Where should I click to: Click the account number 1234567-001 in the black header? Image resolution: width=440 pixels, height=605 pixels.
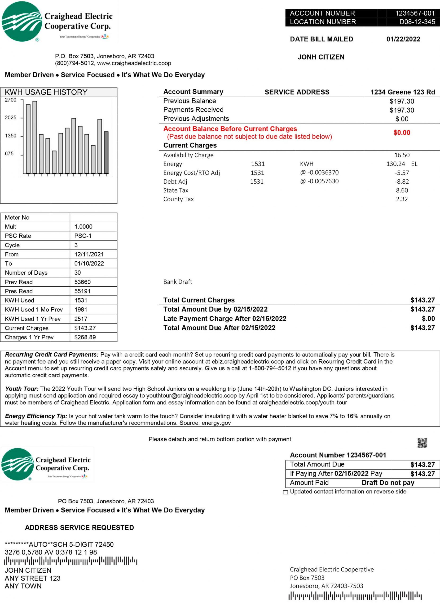[x=415, y=13]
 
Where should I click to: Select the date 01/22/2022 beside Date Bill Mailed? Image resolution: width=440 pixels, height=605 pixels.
[x=403, y=39]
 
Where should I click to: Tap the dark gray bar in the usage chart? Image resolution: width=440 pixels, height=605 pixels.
[x=106, y=152]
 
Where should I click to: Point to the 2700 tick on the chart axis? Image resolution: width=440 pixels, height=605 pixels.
[x=11, y=100]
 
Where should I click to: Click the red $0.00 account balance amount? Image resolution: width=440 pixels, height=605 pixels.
[x=401, y=133]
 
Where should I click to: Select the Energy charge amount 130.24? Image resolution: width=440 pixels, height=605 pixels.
[x=396, y=164]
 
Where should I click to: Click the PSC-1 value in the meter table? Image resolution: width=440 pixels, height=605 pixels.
[x=83, y=236]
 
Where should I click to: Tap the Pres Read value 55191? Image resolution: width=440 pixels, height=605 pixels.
[x=82, y=291]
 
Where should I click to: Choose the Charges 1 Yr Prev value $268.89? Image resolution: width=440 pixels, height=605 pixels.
[x=85, y=337]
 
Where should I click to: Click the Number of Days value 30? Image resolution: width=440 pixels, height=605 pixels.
[x=77, y=273]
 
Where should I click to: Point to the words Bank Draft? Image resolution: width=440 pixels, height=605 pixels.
[x=178, y=282]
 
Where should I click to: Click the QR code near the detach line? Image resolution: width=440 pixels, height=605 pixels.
[x=422, y=443]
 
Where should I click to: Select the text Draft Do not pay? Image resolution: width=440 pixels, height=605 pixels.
[x=388, y=483]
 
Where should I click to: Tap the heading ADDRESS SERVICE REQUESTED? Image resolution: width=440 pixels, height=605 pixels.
[x=79, y=528]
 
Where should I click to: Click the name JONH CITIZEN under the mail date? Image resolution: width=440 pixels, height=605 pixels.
[x=321, y=57]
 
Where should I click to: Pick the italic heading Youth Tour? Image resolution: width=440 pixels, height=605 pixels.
[x=22, y=389]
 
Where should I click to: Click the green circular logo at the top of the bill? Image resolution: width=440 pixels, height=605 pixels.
[x=22, y=22]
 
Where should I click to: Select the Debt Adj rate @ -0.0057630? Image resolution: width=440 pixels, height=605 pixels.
[x=319, y=181]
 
